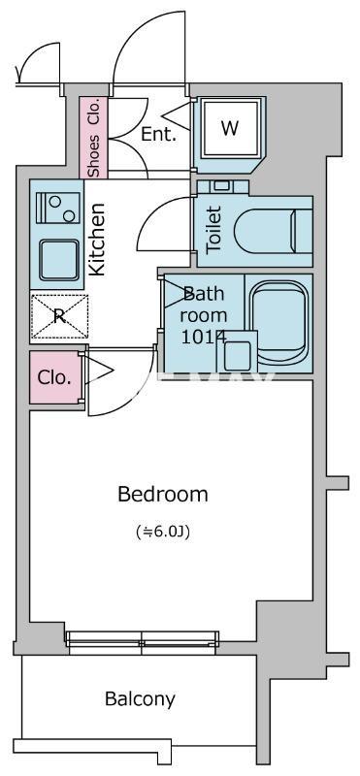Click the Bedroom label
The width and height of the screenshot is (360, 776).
point(162,494)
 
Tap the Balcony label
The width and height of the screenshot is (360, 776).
point(140,698)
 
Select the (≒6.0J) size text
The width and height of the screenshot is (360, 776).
point(163,532)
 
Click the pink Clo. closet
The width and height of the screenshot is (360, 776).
point(55,377)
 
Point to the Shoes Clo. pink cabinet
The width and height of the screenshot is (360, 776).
point(93,137)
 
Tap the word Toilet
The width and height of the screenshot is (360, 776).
point(213,231)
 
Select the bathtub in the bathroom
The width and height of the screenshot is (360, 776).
point(278,322)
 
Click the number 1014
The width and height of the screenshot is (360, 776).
point(204,337)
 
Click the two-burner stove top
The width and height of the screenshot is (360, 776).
point(58,208)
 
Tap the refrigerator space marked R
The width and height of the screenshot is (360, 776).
point(59,316)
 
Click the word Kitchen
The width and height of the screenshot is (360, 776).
point(97,239)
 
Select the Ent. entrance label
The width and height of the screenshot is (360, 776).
point(158,134)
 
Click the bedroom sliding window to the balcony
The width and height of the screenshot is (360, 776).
point(143,639)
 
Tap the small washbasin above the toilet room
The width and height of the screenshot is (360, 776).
point(222,186)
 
